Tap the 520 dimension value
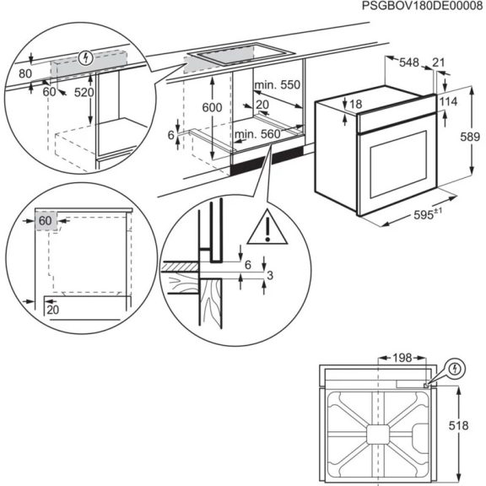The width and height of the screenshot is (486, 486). tap(84, 93)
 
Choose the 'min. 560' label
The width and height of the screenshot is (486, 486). tap(257, 133)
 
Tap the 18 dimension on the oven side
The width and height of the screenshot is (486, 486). tap(354, 104)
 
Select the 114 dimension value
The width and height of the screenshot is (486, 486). tap(449, 101)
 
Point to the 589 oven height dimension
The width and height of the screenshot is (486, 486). tap(476, 137)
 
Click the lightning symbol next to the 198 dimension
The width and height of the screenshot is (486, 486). tap(456, 369)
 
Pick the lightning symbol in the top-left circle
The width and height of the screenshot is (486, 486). tap(84, 58)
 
